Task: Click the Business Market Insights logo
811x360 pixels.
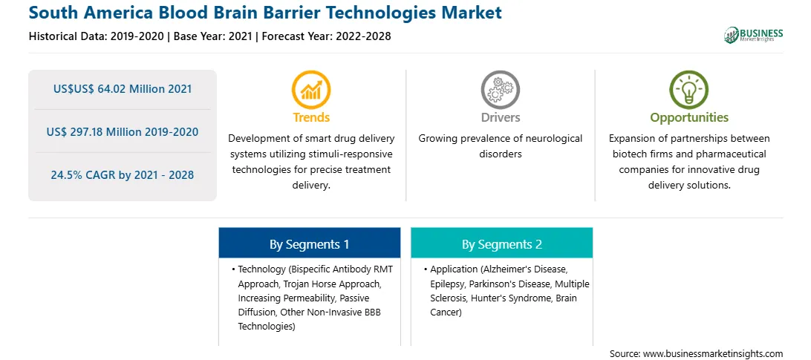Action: [753, 35]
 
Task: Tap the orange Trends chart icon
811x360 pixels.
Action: [311, 90]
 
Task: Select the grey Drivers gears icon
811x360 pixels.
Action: [500, 90]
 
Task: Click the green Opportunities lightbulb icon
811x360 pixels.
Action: [689, 90]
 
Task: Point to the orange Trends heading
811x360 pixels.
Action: [311, 117]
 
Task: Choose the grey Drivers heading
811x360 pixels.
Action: [500, 117]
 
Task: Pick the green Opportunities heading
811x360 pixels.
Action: [689, 118]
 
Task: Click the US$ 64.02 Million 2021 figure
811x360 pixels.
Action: [123, 89]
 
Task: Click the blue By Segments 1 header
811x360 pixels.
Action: [309, 244]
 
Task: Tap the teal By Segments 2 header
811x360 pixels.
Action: [502, 244]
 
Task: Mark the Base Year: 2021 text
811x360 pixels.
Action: [212, 36]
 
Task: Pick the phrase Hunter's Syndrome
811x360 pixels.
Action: [511, 298]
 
